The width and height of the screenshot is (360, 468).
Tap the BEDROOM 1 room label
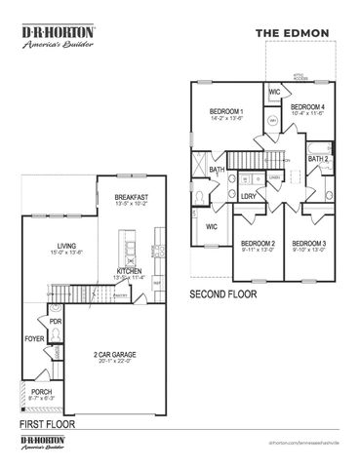tap(226, 112)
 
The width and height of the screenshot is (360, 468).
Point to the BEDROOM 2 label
tap(258, 243)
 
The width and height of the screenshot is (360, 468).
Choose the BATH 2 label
tap(318, 158)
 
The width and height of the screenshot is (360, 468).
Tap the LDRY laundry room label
tap(248, 195)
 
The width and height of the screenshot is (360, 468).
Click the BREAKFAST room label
tap(131, 197)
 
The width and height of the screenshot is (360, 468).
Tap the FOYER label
tap(35, 339)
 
